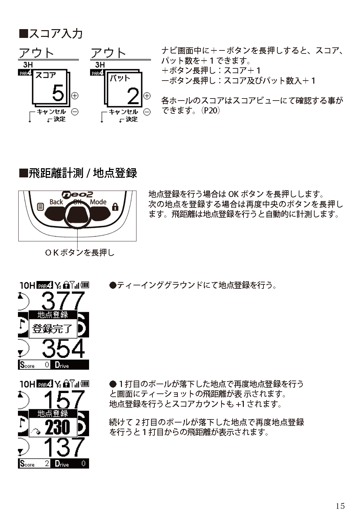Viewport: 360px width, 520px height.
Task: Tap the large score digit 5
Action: click(x=58, y=93)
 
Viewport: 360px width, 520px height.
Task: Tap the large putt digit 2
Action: click(x=133, y=96)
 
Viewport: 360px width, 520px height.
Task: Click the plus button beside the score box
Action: click(x=75, y=96)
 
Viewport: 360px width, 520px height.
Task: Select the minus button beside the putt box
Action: click(x=147, y=112)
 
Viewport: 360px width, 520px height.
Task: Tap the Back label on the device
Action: click(x=56, y=202)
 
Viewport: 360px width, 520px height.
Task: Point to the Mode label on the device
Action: click(x=98, y=202)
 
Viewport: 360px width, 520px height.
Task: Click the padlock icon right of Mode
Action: click(x=115, y=207)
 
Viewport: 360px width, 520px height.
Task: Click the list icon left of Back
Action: click(x=40, y=207)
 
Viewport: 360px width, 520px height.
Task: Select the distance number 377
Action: click(x=63, y=300)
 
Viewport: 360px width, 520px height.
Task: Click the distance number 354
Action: click(x=63, y=348)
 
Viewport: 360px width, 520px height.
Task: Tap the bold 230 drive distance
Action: click(x=57, y=427)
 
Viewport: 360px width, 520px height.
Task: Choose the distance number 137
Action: click(x=64, y=447)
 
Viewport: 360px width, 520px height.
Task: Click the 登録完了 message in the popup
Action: click(x=52, y=329)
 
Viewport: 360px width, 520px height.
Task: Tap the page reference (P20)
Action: click(x=210, y=110)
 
